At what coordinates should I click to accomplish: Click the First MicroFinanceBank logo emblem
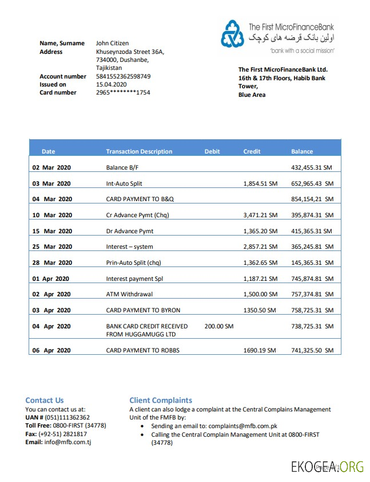click(232, 33)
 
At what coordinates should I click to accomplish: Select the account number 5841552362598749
click(123, 76)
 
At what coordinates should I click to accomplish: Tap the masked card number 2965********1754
click(123, 92)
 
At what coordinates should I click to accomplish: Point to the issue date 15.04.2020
click(112, 84)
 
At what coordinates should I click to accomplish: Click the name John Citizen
click(112, 43)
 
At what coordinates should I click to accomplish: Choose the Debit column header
click(212, 151)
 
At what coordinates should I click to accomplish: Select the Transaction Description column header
click(139, 151)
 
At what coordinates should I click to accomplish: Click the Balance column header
click(302, 151)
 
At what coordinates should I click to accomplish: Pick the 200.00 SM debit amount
click(218, 326)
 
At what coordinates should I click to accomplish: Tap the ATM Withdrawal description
click(129, 294)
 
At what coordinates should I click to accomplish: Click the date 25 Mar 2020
click(52, 246)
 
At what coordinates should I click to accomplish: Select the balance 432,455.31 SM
click(312, 168)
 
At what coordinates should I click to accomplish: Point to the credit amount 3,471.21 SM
click(260, 215)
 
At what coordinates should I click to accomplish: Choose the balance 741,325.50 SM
click(312, 350)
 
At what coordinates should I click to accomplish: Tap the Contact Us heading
click(45, 400)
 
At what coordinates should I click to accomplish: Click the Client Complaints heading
click(161, 400)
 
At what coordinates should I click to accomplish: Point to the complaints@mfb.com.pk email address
click(242, 426)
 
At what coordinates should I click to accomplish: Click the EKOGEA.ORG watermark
click(327, 467)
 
